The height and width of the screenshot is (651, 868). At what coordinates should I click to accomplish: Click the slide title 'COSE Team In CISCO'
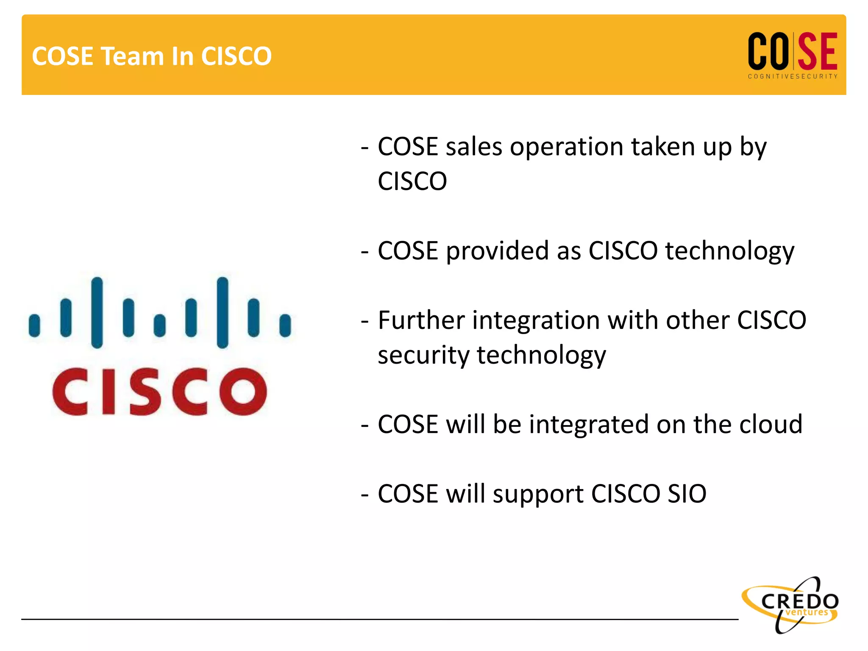(x=152, y=56)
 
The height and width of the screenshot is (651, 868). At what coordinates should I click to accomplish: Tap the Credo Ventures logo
(x=791, y=605)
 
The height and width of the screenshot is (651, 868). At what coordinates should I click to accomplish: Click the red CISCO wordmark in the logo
(x=159, y=392)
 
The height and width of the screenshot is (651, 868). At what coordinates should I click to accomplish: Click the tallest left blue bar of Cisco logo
(x=97, y=313)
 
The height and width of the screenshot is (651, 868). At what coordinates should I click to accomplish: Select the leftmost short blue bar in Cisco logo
(x=34, y=325)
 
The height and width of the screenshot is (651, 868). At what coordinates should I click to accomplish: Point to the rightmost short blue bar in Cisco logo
(x=285, y=325)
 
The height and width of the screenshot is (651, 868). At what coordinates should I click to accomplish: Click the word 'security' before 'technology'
(x=423, y=355)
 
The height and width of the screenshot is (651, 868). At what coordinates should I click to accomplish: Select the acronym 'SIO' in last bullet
(x=687, y=494)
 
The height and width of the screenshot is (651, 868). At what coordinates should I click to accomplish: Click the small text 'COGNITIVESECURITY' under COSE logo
(x=793, y=77)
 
